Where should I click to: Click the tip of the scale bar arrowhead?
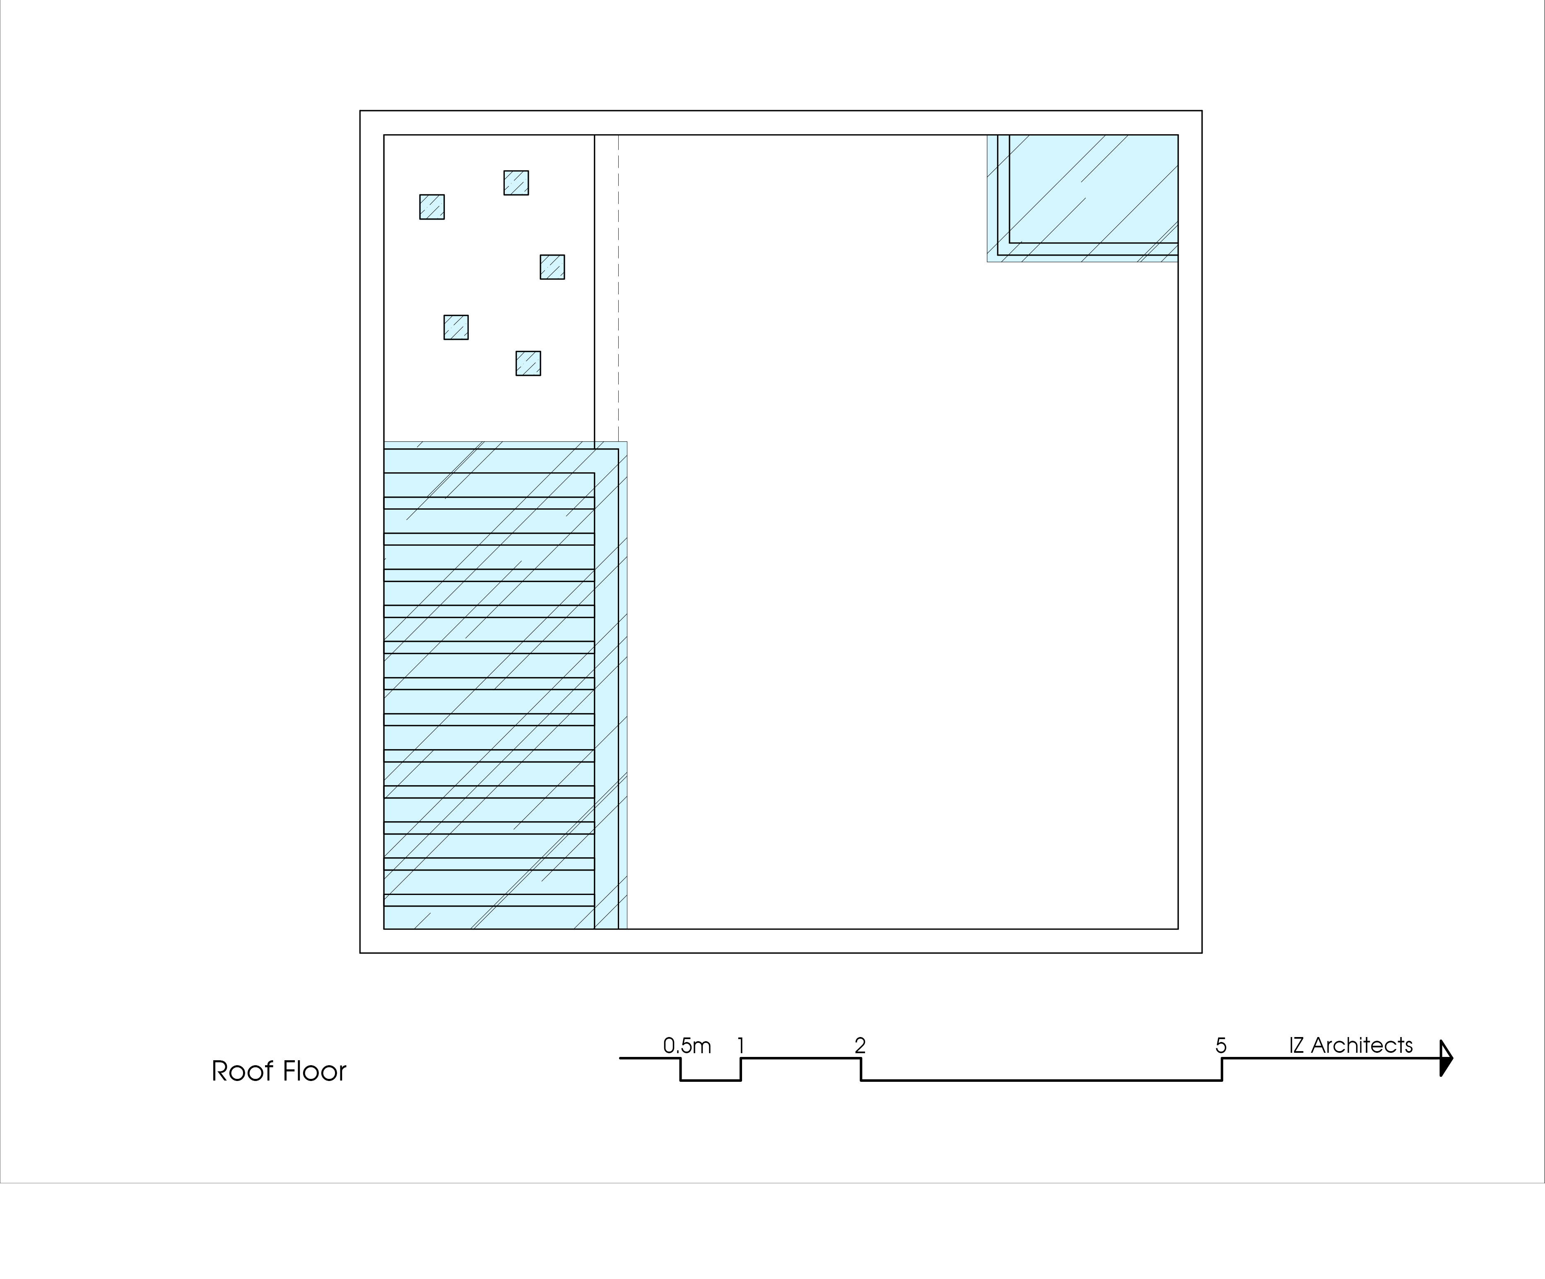[x=1453, y=1058]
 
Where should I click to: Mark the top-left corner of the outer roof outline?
[x=360, y=111]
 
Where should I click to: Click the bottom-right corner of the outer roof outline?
[x=1202, y=953]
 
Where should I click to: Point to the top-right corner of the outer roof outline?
[x=1202, y=111]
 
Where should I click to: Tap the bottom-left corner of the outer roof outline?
[x=360, y=953]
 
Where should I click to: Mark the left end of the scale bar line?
[x=620, y=1058]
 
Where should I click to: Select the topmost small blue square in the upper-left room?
[x=516, y=182]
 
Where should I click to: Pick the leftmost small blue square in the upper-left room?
[x=432, y=207]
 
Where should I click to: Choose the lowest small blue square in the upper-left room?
[x=528, y=363]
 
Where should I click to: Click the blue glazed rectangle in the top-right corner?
[x=1082, y=198]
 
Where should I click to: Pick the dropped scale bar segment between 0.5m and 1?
[x=711, y=1080]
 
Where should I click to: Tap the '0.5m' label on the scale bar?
[x=687, y=1046]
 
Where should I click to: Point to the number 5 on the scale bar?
[x=1221, y=1046]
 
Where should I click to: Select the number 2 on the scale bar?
[x=860, y=1046]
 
